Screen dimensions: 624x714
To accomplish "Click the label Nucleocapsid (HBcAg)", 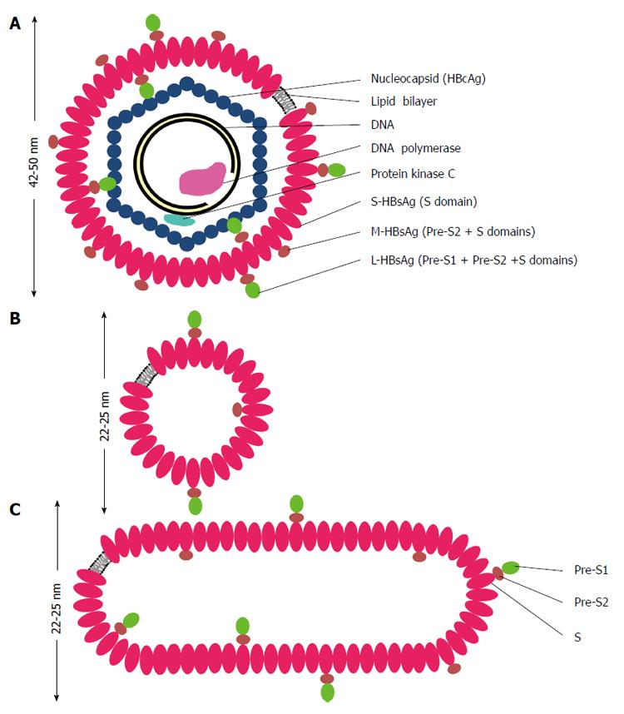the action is point(428,79).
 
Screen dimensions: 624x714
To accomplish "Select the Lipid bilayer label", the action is point(404,101).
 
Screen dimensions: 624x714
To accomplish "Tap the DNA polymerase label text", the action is point(415,148).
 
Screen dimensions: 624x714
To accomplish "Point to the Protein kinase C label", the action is point(413,173).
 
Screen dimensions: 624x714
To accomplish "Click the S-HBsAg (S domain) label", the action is point(423,201).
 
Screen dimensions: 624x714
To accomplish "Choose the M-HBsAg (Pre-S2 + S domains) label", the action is point(453,231).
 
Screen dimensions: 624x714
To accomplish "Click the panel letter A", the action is point(15,23).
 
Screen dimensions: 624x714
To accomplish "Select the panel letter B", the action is point(15,318).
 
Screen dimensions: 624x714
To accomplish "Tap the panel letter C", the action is point(15,509).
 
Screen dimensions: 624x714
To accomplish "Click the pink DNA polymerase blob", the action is point(202,178).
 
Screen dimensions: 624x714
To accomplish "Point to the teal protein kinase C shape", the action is point(180,220).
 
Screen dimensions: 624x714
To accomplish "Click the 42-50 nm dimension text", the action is point(33,161).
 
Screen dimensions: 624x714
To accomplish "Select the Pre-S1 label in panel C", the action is point(591,570).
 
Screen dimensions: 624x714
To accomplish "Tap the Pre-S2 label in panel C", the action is point(592,602).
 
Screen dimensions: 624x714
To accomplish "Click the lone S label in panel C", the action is point(577,637).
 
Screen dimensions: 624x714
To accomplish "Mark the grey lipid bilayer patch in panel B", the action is point(146,375).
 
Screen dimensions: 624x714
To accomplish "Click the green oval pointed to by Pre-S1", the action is point(511,568).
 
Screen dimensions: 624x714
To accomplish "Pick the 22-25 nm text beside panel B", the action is point(104,416).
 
